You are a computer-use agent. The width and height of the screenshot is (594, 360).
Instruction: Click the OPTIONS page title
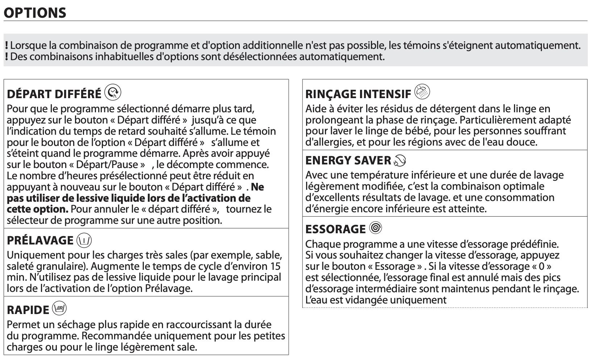(x=35, y=13)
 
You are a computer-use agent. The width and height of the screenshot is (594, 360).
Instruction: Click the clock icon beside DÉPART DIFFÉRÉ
(x=113, y=93)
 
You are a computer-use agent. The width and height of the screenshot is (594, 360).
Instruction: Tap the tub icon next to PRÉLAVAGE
(x=84, y=240)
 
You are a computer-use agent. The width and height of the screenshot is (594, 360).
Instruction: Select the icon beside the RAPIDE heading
(x=59, y=309)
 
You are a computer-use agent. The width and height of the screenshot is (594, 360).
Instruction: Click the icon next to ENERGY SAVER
(x=400, y=160)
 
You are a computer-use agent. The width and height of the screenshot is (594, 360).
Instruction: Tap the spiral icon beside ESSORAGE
(x=376, y=228)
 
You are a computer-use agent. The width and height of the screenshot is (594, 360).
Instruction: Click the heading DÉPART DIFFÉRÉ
(x=54, y=94)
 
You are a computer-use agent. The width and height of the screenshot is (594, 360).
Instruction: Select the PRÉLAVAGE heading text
(x=40, y=240)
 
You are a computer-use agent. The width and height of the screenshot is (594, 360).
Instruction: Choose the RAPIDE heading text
(x=28, y=310)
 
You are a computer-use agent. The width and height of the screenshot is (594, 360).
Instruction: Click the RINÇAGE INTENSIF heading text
(x=358, y=94)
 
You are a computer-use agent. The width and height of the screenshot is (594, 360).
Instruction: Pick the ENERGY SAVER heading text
(x=348, y=160)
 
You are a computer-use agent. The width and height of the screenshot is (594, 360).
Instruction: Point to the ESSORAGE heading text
(x=335, y=229)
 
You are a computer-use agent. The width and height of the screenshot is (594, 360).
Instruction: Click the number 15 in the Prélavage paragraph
(x=275, y=266)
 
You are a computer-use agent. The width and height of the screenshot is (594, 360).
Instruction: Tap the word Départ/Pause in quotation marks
(x=108, y=164)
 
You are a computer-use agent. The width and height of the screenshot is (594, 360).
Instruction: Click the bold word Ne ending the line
(x=257, y=187)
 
